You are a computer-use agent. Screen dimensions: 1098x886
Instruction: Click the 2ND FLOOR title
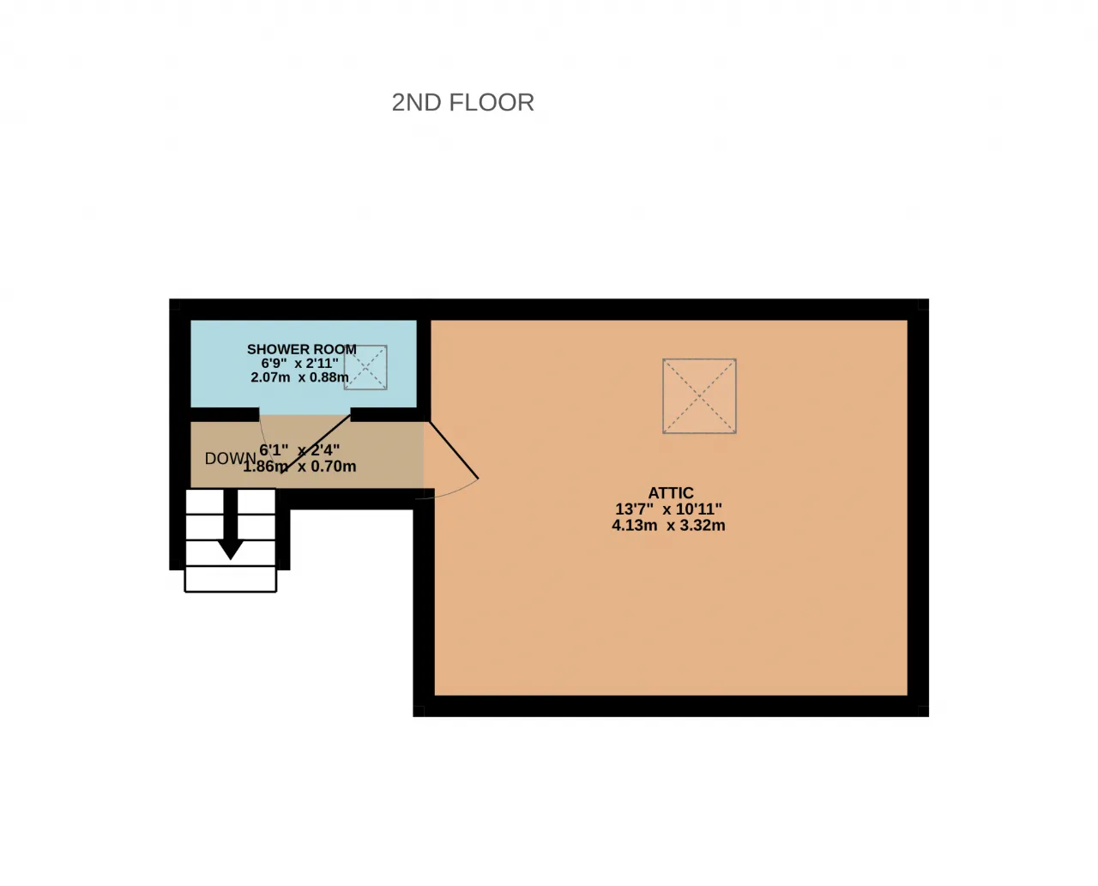[462, 102]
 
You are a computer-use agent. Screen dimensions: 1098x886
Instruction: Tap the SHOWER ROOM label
[302, 349]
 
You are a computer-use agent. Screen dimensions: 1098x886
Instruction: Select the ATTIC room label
[670, 492]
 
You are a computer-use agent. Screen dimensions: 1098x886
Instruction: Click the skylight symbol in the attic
[699, 395]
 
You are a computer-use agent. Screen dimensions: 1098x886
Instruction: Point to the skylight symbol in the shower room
[365, 367]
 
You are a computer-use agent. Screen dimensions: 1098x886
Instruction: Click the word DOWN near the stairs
[230, 458]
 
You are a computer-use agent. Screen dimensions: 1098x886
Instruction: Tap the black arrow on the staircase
[230, 524]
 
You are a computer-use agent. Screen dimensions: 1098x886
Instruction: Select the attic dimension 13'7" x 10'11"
[668, 509]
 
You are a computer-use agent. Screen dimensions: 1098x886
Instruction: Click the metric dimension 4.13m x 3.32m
[668, 525]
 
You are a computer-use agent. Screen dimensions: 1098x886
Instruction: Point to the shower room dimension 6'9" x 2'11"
[299, 364]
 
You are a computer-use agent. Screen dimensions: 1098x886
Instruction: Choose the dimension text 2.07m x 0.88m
[299, 377]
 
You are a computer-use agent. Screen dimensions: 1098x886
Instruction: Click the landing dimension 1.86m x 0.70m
[299, 467]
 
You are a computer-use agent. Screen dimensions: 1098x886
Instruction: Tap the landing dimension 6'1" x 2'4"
[299, 450]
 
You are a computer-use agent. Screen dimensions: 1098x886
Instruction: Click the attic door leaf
[454, 450]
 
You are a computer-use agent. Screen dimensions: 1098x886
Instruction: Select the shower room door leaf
[317, 443]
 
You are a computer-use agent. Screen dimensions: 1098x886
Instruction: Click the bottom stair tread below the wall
[231, 579]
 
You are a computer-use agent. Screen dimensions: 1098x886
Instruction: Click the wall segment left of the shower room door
[225, 414]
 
